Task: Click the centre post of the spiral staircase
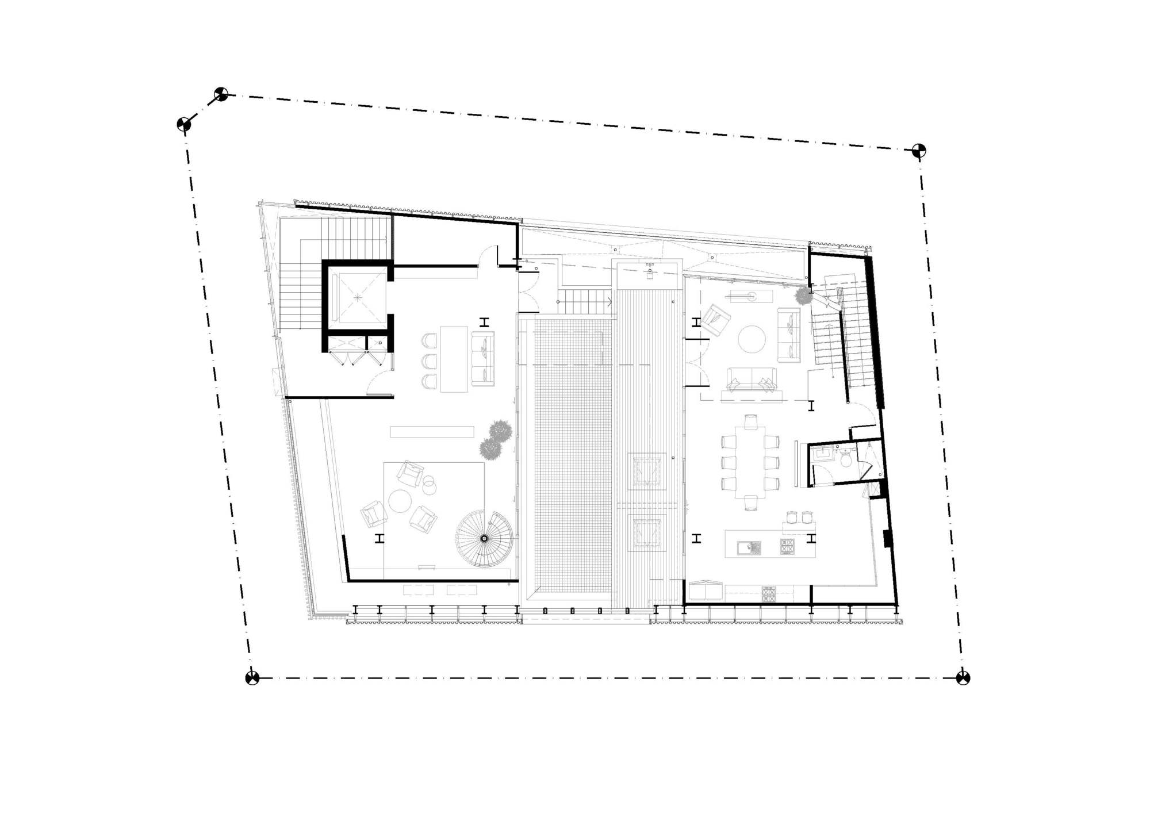484,539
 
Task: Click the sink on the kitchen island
749,547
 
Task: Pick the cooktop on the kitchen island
787,546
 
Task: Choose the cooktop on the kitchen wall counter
768,594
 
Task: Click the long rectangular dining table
750,462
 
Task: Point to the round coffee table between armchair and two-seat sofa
752,339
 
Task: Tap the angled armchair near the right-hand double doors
715,320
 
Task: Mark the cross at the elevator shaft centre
358,297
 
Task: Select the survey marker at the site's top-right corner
919,151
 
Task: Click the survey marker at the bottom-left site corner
252,678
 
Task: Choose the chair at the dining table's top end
750,421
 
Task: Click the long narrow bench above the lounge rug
432,432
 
